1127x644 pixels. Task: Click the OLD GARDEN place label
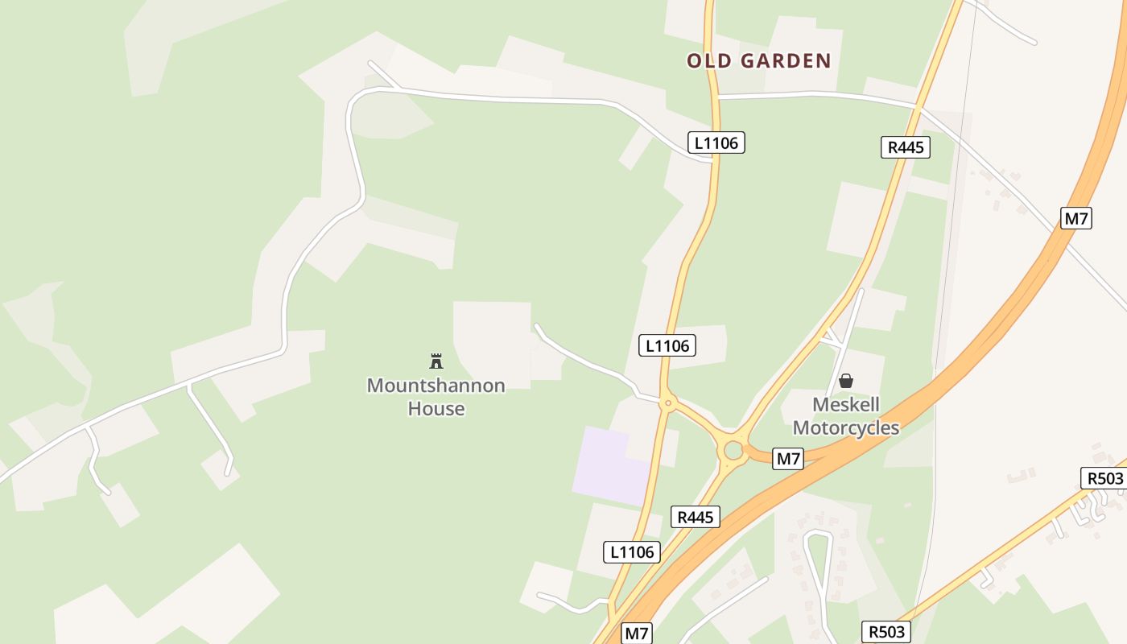pos(758,61)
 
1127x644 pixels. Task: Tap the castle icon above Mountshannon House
pos(436,360)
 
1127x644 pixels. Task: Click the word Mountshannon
pos(436,386)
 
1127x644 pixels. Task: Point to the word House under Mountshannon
pos(436,408)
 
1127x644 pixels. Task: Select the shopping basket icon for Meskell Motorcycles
pos(846,380)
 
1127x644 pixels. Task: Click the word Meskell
pos(846,404)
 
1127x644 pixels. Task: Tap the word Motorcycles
pos(846,427)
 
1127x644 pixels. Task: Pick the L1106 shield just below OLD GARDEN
pos(716,143)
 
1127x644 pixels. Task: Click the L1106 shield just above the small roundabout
pos(667,345)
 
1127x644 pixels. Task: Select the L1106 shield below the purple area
pos(632,552)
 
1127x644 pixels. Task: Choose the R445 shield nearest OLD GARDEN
pos(906,147)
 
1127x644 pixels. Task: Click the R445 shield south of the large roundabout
pos(695,517)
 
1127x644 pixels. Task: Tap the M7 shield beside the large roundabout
pos(788,459)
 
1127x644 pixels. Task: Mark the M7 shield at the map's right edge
pos(1075,218)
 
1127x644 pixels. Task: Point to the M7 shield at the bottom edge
pos(636,634)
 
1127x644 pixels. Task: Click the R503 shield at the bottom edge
pos(886,632)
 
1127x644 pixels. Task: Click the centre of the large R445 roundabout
pos(733,450)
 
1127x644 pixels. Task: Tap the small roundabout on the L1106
pos(667,403)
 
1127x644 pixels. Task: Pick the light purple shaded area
pos(609,465)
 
